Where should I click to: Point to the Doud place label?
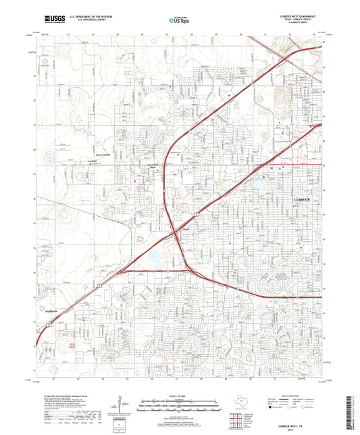pyautogui.click(x=186, y=230)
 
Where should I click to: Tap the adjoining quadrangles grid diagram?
pyautogui.click(x=237, y=419)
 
